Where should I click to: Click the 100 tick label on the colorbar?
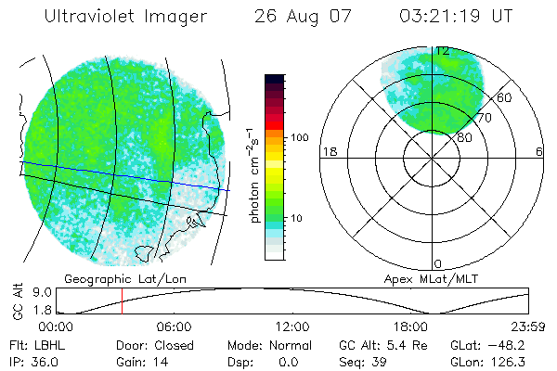pos(300,136)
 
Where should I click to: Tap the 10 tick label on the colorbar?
pos(297,218)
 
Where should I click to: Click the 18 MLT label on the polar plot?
pos(328,151)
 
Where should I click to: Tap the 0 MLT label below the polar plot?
pos(438,263)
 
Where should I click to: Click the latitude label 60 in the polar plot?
pos(505,97)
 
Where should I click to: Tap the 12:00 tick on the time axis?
pos(292,326)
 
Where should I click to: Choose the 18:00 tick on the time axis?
pos(410,326)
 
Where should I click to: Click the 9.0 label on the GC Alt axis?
pos(30,291)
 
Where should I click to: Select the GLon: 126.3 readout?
pos(489,361)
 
